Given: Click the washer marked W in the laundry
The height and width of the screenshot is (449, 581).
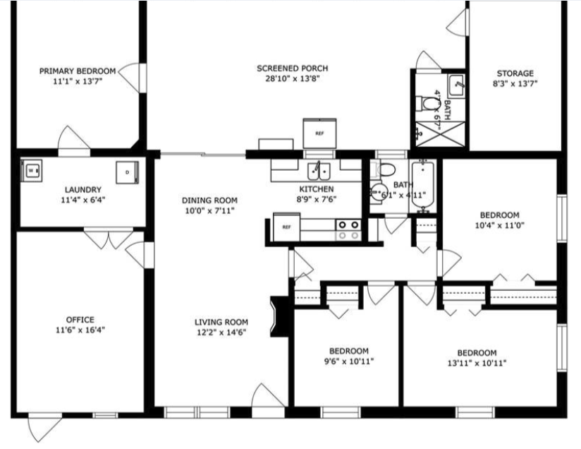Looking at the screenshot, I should click(x=32, y=170).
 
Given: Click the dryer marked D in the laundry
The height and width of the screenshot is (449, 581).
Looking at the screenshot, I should click(x=127, y=172).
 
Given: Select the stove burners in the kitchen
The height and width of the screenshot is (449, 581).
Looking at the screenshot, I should click(x=347, y=229).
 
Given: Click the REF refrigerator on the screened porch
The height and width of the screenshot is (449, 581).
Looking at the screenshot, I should click(x=319, y=133).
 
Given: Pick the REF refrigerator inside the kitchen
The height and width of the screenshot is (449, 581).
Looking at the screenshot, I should click(x=286, y=228).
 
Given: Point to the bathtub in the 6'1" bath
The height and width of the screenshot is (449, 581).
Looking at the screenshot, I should click(x=423, y=185).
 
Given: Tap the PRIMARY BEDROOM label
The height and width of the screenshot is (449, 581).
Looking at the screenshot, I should click(x=77, y=71).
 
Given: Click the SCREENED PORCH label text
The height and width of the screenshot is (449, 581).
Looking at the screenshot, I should click(x=292, y=68).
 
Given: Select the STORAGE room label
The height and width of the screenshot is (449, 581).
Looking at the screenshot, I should click(x=515, y=73).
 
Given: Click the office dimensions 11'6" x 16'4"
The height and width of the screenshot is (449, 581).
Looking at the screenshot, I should click(x=80, y=330).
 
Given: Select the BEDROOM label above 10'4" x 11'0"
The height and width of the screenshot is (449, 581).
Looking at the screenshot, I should click(x=499, y=215).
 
